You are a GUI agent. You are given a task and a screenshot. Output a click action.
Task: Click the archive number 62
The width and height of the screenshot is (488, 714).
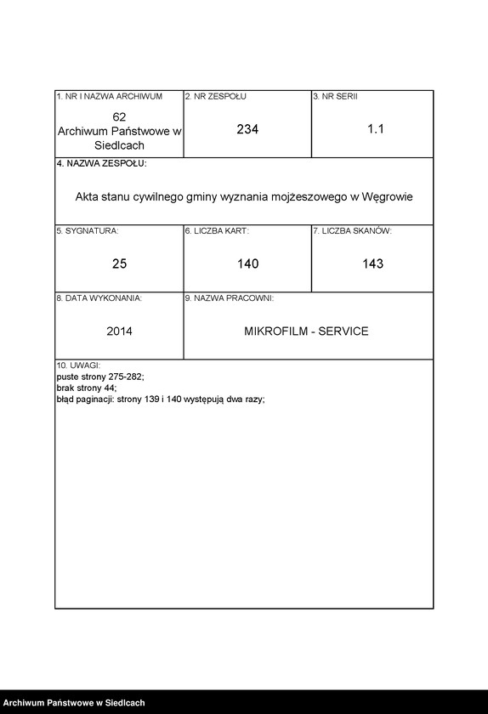[x=119, y=116]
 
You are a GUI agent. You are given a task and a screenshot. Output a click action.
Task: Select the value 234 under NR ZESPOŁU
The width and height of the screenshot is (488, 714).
[x=247, y=129]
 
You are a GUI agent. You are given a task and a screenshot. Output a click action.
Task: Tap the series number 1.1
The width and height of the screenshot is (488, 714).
[x=376, y=129]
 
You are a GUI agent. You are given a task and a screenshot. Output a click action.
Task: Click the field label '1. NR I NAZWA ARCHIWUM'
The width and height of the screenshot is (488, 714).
[x=109, y=97]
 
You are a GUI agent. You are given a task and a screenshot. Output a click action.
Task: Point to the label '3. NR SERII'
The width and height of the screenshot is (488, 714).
[x=335, y=97]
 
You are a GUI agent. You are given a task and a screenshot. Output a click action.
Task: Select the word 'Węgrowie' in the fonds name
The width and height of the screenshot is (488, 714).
[x=387, y=196]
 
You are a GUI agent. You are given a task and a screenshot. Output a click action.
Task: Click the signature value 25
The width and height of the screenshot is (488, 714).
[x=119, y=264]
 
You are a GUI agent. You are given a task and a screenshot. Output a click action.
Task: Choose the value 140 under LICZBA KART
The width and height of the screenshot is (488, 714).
[x=247, y=264]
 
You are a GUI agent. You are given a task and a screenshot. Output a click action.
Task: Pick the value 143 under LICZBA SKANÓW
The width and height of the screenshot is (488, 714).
[x=372, y=264]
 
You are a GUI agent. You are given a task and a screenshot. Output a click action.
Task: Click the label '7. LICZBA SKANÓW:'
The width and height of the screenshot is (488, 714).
[x=352, y=231]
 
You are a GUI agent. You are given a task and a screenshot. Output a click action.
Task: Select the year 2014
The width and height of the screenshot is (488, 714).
[x=119, y=331]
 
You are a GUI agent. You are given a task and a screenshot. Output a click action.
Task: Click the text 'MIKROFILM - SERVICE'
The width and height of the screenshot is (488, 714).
[x=306, y=331]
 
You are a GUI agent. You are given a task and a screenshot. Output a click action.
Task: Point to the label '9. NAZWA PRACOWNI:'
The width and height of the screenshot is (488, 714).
[x=229, y=298]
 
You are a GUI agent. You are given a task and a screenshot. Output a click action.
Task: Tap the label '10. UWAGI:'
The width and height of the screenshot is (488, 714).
[x=78, y=365]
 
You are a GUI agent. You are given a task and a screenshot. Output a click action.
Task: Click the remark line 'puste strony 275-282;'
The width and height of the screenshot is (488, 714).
[x=100, y=376]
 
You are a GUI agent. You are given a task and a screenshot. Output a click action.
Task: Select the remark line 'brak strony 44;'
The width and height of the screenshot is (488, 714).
[x=86, y=387]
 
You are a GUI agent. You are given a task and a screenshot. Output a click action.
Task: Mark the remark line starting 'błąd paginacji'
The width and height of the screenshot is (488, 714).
[x=161, y=398]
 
